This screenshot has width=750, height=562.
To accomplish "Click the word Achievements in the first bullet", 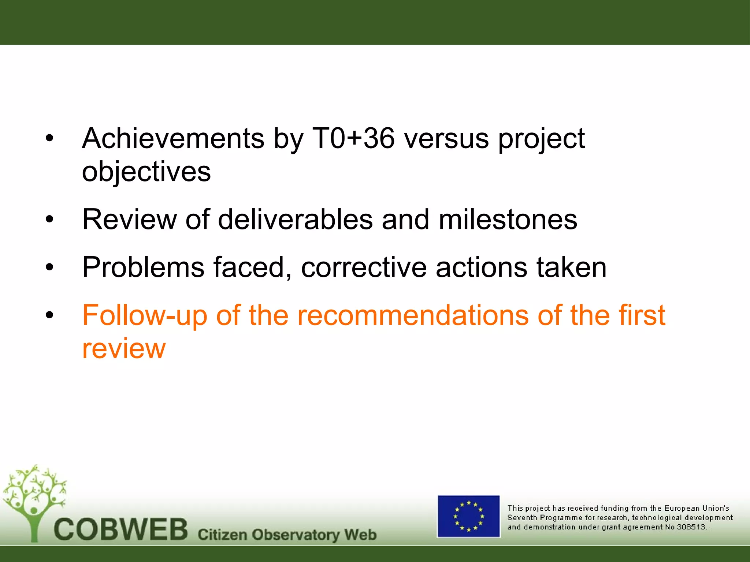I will (173, 139).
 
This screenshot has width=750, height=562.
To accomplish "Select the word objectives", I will (146, 172).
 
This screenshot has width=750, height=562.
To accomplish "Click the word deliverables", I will (295, 220).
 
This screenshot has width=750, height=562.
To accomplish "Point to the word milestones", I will (508, 220).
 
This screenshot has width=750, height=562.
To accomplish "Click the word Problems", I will (143, 267).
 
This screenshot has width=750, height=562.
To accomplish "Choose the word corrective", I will (364, 267).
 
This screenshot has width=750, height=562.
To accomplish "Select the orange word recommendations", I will (413, 316).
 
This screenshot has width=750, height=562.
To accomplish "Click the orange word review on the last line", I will (124, 349).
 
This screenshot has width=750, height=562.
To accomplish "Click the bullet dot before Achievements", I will (49, 139).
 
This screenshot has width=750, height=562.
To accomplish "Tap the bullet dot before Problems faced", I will (49, 267).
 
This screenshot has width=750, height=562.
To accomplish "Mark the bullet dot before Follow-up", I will (49, 315).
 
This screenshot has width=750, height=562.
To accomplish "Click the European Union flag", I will (469, 516).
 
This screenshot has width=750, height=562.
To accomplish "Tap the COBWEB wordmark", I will (121, 529).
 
